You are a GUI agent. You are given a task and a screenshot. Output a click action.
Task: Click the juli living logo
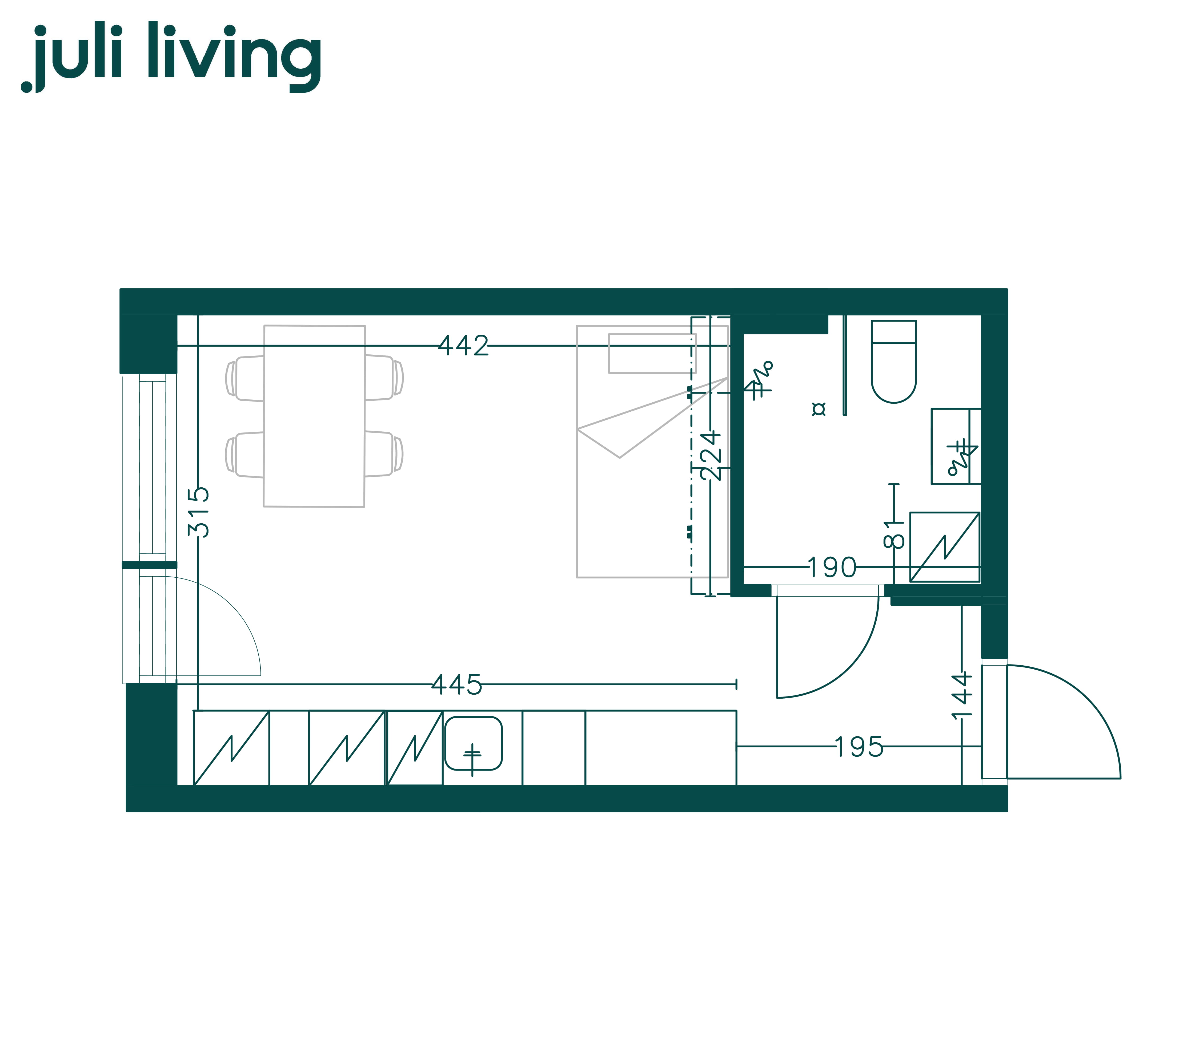[x=171, y=57]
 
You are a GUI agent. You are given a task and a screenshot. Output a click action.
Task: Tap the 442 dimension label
[x=463, y=346]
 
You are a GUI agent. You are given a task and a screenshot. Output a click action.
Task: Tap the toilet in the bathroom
[x=894, y=361]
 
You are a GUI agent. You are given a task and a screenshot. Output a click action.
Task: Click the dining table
[x=315, y=416]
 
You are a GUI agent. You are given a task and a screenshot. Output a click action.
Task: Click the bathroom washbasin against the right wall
[x=956, y=446]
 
